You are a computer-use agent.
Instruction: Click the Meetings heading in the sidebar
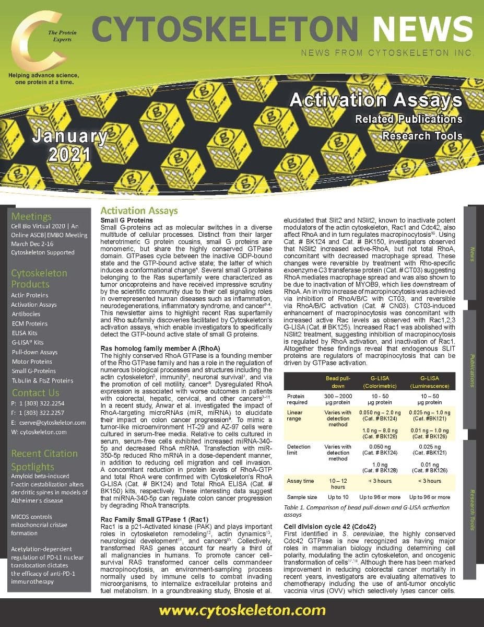(31, 216)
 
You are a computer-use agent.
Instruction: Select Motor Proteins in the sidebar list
(31, 362)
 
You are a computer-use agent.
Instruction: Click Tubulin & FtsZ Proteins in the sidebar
(42, 380)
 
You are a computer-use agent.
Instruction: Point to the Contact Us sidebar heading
(36, 392)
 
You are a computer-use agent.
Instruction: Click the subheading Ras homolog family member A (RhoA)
(160, 348)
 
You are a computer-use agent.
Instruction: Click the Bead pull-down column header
(337, 381)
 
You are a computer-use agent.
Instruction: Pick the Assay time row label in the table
(300, 481)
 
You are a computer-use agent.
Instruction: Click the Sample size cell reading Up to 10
(338, 497)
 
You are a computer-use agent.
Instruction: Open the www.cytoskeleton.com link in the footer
(242, 611)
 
